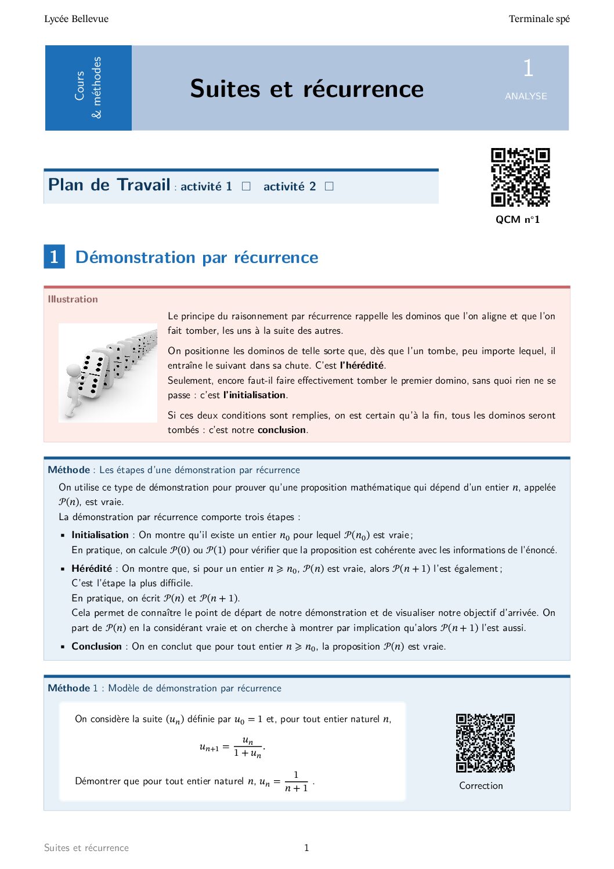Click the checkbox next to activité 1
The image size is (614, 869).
(x=246, y=186)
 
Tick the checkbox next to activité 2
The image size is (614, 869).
(x=329, y=186)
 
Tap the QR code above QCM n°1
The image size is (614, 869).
(x=520, y=177)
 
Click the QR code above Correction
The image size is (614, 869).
(x=485, y=743)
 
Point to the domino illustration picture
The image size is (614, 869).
(x=108, y=372)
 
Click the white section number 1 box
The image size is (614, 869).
(x=54, y=257)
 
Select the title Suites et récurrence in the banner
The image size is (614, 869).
(x=307, y=89)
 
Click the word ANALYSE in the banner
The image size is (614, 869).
(x=526, y=96)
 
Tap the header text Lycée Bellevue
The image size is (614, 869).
(x=76, y=19)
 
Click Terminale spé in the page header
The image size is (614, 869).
(x=539, y=19)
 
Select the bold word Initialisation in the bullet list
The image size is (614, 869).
(x=100, y=535)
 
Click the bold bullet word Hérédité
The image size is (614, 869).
(x=92, y=568)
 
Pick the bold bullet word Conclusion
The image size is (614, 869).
(x=96, y=646)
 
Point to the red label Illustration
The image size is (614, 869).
(x=73, y=299)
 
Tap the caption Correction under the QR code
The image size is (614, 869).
(x=481, y=785)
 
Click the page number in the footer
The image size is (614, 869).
(x=306, y=848)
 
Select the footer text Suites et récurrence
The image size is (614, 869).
(x=86, y=848)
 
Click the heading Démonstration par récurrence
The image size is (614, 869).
(x=197, y=257)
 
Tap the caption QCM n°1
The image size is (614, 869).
(x=518, y=219)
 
